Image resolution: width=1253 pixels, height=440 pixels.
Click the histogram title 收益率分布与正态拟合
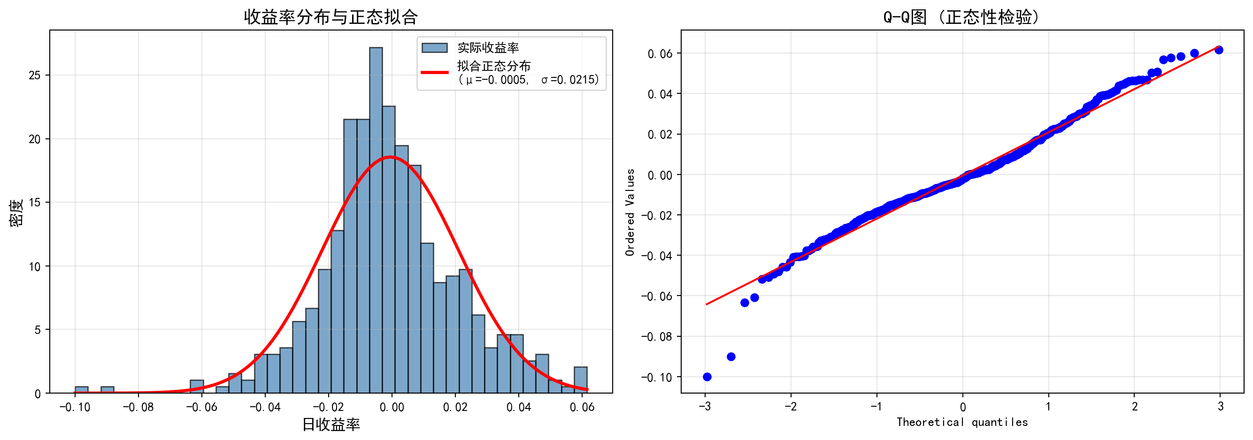[x=331, y=17]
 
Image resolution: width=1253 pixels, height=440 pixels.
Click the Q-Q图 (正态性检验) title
[x=961, y=17]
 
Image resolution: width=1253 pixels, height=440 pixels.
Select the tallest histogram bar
[x=376, y=219]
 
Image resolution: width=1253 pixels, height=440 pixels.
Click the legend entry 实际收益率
[x=487, y=48]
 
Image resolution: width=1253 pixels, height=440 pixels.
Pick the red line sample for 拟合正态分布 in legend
[x=434, y=72]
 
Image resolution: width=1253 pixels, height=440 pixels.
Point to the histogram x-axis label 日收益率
[x=331, y=425]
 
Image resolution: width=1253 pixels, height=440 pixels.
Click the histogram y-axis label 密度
[x=16, y=212]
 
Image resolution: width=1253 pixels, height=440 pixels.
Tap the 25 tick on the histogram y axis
[x=35, y=76]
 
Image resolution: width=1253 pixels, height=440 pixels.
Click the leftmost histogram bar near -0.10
[x=81, y=389]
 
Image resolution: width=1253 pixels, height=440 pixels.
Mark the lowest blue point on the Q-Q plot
[x=707, y=377]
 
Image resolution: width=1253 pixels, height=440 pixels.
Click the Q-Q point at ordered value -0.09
[x=731, y=357]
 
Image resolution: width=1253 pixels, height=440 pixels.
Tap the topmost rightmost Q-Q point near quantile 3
[x=1218, y=50]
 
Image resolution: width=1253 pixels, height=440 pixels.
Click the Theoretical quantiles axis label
[x=961, y=422]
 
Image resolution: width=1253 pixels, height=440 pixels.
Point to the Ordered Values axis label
[x=630, y=212]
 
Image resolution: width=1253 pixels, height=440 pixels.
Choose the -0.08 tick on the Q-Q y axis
[x=657, y=336]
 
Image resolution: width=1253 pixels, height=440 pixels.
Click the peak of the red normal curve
[x=390, y=157]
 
